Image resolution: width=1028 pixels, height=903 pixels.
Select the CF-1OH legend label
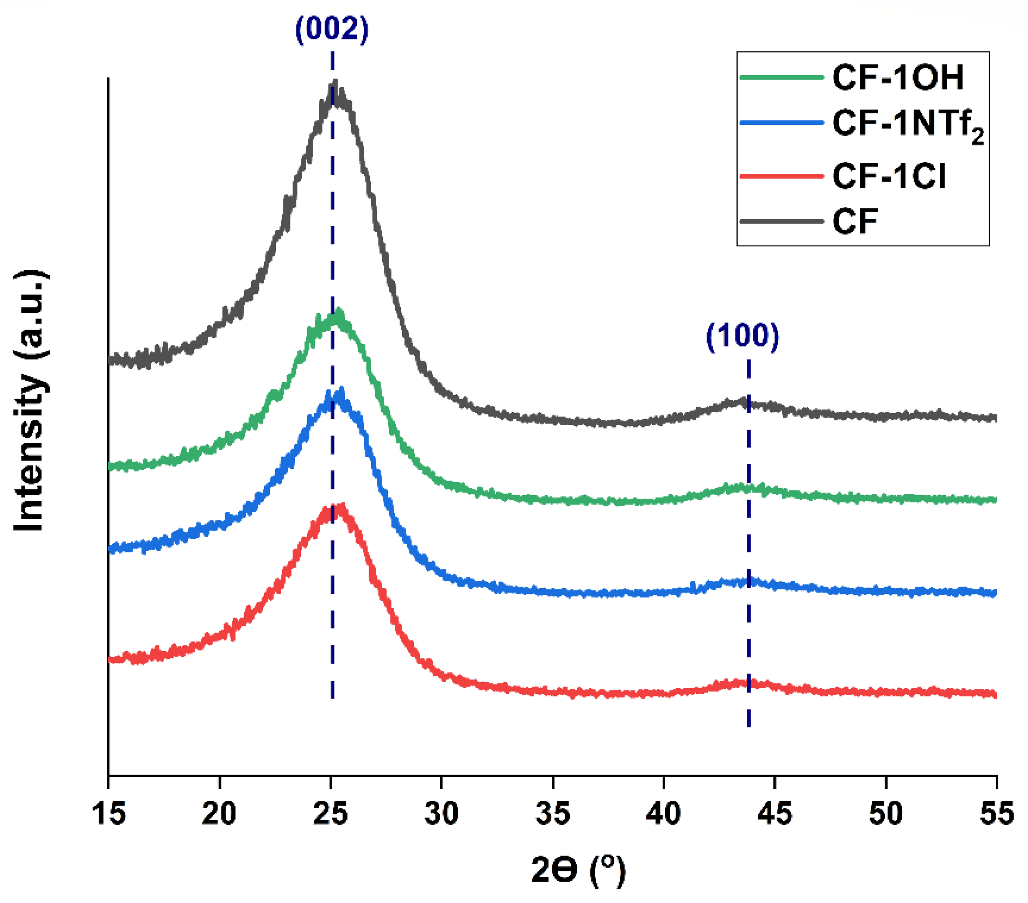tap(898, 77)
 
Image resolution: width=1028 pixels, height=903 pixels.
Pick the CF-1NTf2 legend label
tap(908, 124)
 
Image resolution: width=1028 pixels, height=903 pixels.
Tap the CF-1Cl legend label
tap(889, 176)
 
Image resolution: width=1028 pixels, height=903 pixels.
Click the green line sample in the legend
tap(782, 77)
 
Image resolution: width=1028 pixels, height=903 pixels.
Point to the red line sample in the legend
tap(782, 176)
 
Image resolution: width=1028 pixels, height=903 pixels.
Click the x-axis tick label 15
tap(109, 813)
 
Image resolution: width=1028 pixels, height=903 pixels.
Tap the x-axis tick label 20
tap(219, 813)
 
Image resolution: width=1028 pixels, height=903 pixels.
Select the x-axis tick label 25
tap(331, 813)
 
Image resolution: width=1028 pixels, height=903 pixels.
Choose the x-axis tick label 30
tap(442, 813)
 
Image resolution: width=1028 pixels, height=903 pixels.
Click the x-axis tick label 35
tap(553, 813)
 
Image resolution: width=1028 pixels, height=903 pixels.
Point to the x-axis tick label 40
tap(664, 813)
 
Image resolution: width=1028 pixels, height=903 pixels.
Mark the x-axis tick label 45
tap(775, 813)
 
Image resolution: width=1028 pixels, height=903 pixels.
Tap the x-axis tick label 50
tap(886, 813)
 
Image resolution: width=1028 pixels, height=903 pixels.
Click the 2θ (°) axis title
tap(578, 870)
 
